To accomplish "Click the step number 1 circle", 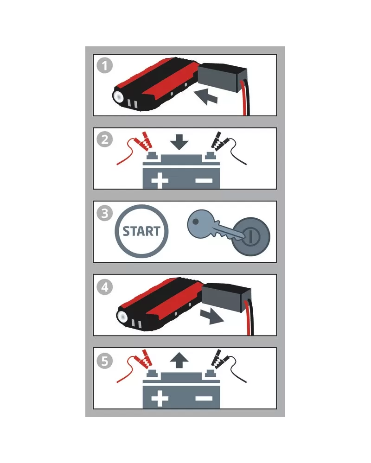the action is pos(104,65).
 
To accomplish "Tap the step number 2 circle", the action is pos(104,140).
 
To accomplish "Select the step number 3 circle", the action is pos(104,213).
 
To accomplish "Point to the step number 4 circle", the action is pos(104,287).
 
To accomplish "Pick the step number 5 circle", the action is pos(104,361).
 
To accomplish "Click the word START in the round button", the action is pos(141,231).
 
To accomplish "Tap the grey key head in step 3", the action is pos(200,223).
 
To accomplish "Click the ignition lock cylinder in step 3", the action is pos(251,236).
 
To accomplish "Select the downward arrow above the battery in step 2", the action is pos(179,142).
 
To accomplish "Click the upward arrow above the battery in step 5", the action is pos(179,360).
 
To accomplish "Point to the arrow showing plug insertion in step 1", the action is pos(205,97).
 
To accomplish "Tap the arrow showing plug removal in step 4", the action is pos(212,317).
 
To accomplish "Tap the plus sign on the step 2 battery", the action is pos(160,180).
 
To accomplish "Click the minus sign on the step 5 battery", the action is pos(204,399).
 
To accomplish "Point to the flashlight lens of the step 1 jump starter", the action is pos(119,96).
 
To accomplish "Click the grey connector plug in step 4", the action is pos(227,296).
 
